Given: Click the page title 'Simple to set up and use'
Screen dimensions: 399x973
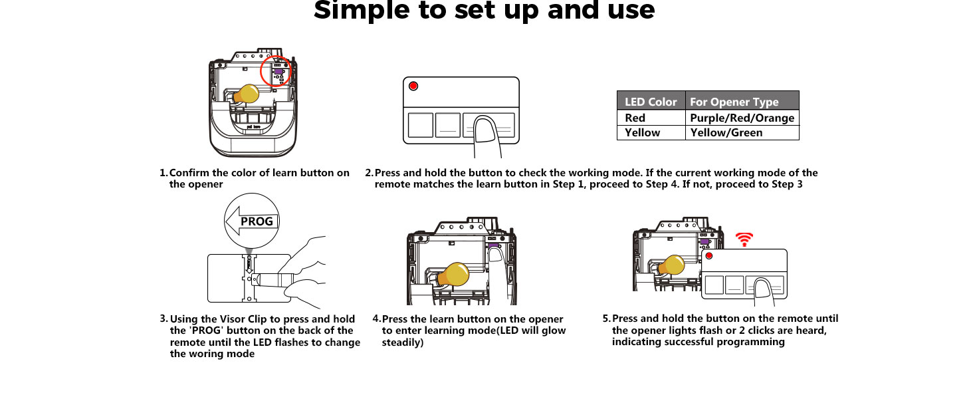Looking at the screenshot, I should pos(484,11).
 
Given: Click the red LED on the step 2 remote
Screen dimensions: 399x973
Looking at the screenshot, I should pos(413,86).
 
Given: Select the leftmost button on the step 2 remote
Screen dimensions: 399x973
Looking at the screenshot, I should pos(419,125).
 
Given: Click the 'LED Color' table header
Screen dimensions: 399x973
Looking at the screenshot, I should pos(651,102).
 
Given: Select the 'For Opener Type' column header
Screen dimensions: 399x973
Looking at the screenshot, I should pos(734,102).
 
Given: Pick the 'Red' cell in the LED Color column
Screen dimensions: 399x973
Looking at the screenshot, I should pos(635,118).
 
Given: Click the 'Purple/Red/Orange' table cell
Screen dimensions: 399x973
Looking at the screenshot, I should pos(742,118).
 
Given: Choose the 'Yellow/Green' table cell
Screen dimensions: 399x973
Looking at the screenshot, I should pos(726,132).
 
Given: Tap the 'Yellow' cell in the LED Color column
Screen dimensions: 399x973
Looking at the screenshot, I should pos(642,132).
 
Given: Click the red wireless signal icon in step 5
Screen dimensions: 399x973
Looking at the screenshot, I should pos(744,239).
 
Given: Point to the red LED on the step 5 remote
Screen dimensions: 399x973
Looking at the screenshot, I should pos(709,256).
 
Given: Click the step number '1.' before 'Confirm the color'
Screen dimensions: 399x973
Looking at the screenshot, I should pos(163,173).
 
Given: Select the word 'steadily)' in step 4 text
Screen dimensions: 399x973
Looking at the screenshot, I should pos(402,342).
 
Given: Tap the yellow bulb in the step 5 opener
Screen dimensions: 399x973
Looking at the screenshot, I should pos(671,265).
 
